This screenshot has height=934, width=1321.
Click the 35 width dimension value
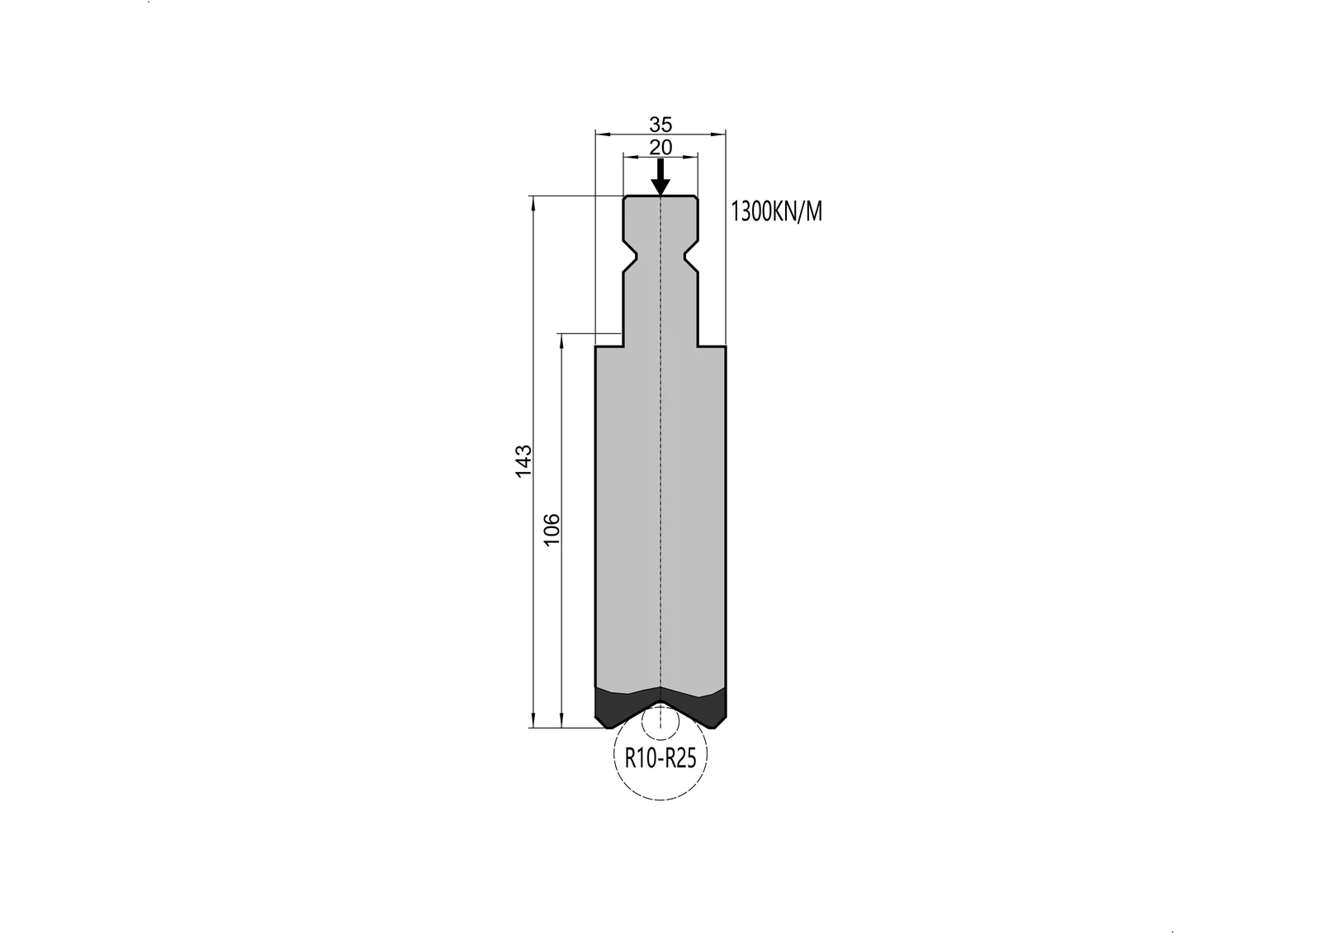(x=660, y=125)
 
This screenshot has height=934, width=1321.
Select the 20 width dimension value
(x=660, y=148)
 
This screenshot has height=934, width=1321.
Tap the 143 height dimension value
(x=523, y=461)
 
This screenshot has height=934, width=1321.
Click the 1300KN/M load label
(x=776, y=211)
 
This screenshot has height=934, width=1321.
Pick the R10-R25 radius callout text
(x=660, y=759)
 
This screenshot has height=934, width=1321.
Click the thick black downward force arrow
(x=660, y=177)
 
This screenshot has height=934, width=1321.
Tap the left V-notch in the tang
(x=631, y=257)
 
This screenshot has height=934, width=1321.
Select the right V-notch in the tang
(x=690, y=257)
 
